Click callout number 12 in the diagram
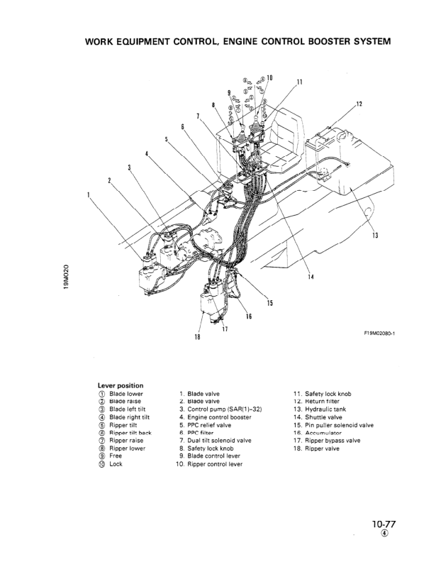(x=359, y=104)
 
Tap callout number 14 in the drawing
(x=311, y=276)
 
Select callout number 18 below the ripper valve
(x=197, y=336)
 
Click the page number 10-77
(x=383, y=524)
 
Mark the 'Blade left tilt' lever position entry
(x=129, y=409)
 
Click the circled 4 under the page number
(x=384, y=535)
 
